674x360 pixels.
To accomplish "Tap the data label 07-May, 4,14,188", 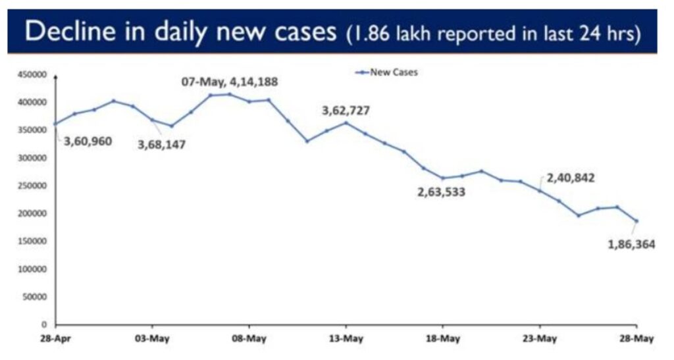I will [230, 82].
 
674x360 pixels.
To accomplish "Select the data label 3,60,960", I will [88, 140].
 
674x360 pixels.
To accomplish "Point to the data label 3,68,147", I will [161, 144].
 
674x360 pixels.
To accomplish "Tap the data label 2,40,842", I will [571, 178].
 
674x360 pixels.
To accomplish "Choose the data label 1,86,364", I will [631, 245].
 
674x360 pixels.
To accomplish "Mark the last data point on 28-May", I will [636, 221].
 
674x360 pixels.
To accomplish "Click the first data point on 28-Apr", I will [55, 124].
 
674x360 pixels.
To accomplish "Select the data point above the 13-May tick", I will [346, 123].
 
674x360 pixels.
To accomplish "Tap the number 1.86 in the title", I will [376, 34].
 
